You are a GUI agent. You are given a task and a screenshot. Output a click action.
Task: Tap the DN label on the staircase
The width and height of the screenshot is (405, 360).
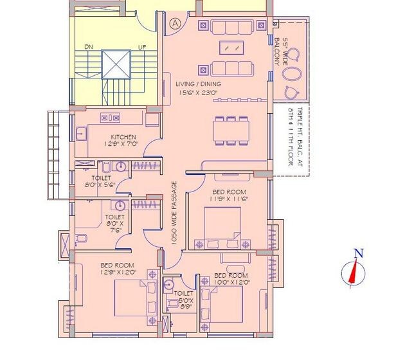tap(88, 47)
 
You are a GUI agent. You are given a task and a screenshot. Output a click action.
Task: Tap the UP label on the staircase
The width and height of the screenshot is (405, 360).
tap(141, 47)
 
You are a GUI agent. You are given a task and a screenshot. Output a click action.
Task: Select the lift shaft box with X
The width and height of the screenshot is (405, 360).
tap(115, 64)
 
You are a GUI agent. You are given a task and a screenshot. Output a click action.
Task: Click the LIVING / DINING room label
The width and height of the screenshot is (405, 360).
tap(199, 84)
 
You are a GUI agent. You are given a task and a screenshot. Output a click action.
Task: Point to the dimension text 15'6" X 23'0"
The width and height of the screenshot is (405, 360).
tap(199, 93)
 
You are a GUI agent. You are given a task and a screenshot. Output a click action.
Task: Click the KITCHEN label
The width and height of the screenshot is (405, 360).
tap(123, 137)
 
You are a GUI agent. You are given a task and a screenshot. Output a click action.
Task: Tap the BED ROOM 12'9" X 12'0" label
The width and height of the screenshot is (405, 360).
tap(116, 269)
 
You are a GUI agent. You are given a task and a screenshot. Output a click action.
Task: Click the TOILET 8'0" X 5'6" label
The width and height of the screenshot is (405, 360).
tap(102, 181)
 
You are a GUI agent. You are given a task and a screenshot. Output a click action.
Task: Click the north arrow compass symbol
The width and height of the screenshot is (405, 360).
tap(353, 273)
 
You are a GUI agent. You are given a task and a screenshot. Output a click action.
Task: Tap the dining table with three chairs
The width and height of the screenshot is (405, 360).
tap(231, 132)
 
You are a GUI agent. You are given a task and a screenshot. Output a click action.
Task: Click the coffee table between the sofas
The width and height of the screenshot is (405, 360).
tap(231, 48)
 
